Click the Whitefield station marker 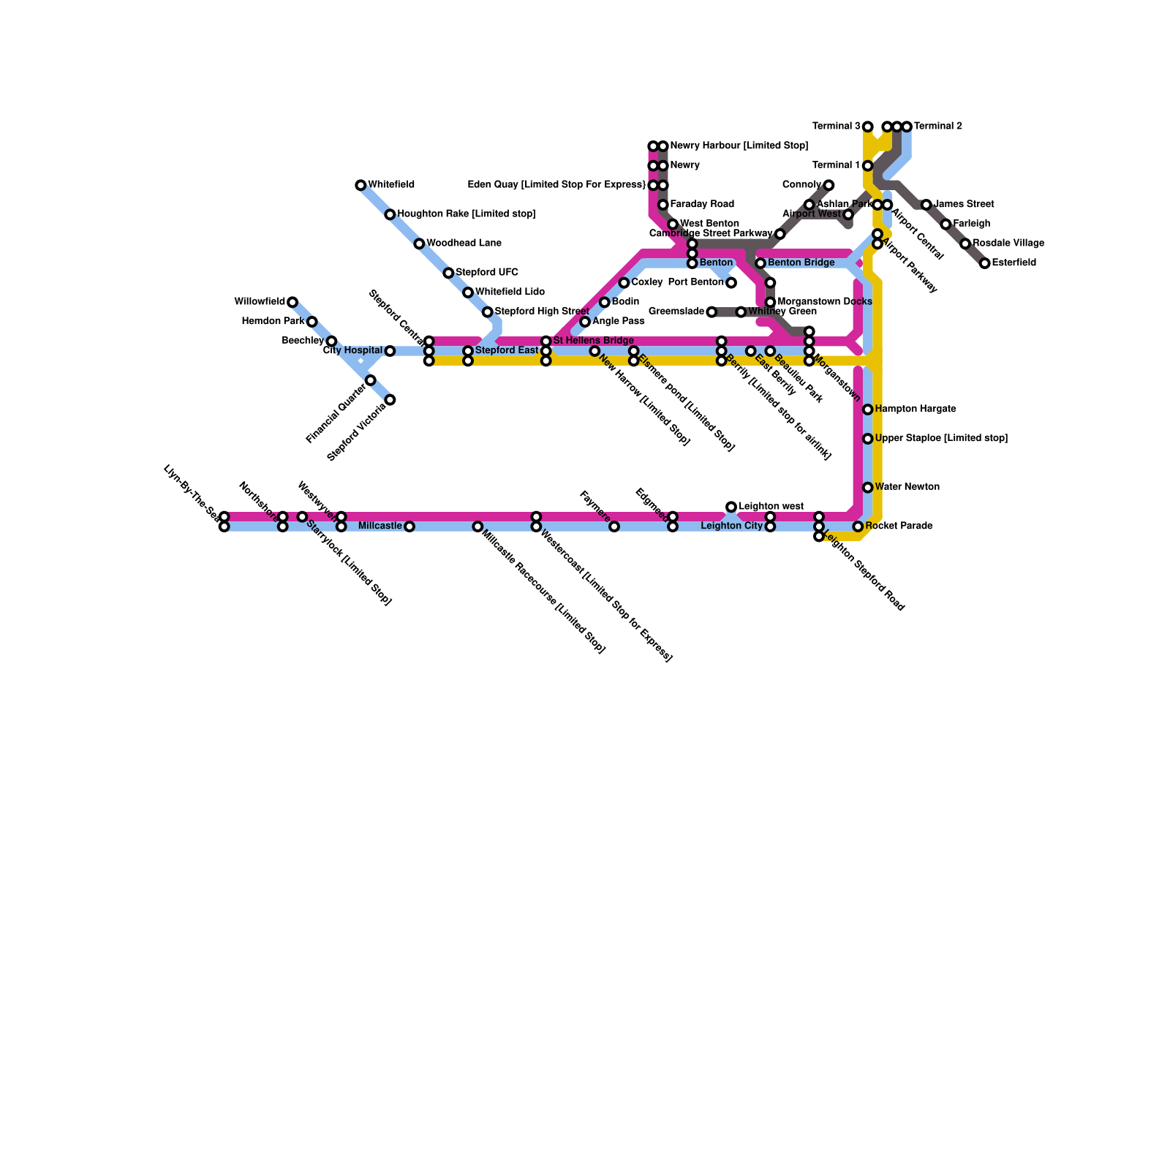click(361, 185)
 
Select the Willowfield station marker click(292, 302)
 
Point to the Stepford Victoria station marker click(390, 400)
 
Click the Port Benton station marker click(731, 283)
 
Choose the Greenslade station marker click(712, 312)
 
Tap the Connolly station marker click(829, 185)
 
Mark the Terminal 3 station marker click(867, 127)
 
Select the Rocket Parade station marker click(858, 526)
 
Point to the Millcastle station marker click(409, 526)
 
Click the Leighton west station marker click(731, 507)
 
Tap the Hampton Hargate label click(915, 409)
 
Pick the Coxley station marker click(624, 283)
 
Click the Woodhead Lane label click(464, 244)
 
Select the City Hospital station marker click(390, 351)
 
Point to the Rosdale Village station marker click(965, 244)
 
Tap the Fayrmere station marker click(614, 526)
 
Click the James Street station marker click(926, 205)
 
